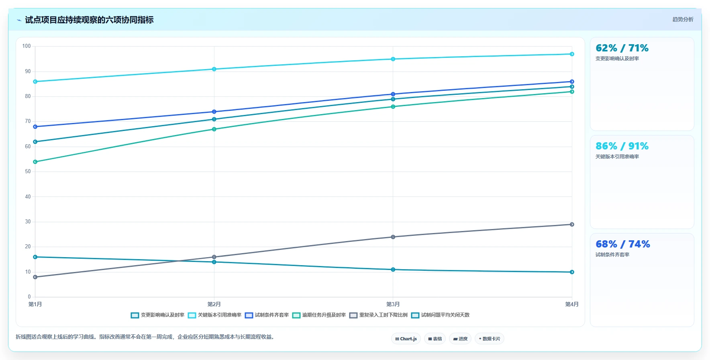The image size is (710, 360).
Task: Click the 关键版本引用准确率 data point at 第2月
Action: (x=214, y=69)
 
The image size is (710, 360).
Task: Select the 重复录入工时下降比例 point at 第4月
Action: (x=572, y=224)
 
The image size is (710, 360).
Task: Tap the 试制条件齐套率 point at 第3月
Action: (x=393, y=94)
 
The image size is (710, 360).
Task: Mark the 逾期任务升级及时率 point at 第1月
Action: (x=35, y=162)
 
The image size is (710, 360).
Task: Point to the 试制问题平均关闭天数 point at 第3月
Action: (x=393, y=270)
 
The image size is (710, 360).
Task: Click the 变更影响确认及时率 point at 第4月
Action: (x=572, y=87)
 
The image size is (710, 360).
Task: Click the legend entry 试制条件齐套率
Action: (x=267, y=315)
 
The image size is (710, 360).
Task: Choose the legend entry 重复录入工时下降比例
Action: (x=378, y=315)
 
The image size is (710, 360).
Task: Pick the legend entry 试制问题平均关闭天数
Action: (x=440, y=315)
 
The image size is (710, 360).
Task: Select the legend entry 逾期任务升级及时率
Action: (x=319, y=315)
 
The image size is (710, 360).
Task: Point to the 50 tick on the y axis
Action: (x=28, y=172)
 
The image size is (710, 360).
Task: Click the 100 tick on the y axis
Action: (x=27, y=46)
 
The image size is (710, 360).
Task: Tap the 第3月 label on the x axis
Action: (x=393, y=304)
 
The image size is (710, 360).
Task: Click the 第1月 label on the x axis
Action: (x=35, y=304)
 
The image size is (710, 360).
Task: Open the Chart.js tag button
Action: (x=406, y=339)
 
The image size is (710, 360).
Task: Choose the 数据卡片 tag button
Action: (x=489, y=339)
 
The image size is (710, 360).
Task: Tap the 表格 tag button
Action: (x=435, y=339)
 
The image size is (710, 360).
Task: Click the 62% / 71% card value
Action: (x=622, y=48)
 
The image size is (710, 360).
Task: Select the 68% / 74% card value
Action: (x=623, y=244)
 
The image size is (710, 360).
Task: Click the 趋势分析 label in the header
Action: (x=683, y=19)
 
